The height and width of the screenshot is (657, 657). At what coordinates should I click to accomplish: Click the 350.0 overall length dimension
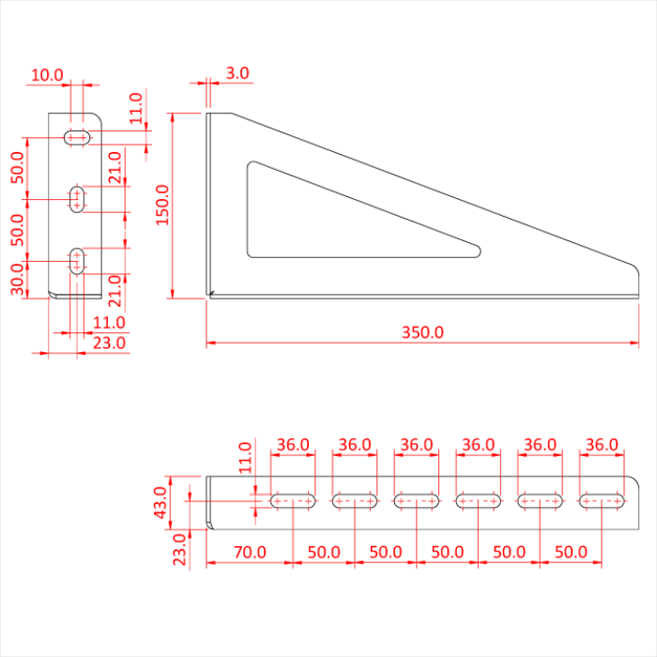[422, 332]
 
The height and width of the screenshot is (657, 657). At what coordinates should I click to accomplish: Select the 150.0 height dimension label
[162, 205]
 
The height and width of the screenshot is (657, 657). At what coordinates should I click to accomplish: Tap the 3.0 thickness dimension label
[237, 72]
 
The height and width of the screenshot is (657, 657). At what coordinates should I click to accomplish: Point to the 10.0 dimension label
[46, 74]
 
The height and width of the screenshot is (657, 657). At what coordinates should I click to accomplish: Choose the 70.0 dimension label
[249, 553]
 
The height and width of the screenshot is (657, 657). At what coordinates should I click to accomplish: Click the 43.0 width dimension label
[160, 503]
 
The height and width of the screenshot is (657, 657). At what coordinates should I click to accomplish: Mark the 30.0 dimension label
[18, 278]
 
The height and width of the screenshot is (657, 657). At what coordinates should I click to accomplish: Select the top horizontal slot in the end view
[76, 138]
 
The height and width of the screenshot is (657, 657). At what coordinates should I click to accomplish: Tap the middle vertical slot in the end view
[77, 198]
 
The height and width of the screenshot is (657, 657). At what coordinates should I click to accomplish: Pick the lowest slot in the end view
[77, 261]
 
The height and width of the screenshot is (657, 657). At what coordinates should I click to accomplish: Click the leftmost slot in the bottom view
[293, 501]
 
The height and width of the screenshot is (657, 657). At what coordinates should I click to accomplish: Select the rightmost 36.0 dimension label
[602, 444]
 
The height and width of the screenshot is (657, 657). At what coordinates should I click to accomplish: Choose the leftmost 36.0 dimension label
[293, 444]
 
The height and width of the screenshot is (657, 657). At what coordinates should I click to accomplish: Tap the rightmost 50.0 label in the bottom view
[571, 553]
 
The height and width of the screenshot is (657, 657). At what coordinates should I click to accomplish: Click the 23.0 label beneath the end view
[109, 344]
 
